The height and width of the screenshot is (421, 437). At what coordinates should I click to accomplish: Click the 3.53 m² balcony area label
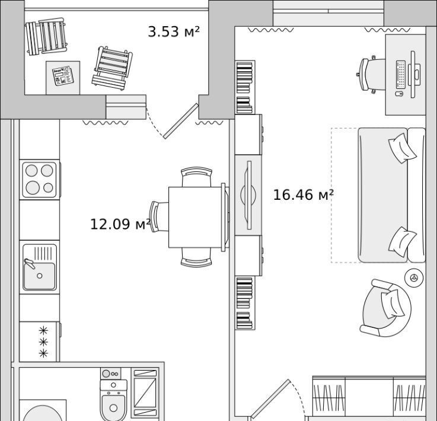[x=174, y=31]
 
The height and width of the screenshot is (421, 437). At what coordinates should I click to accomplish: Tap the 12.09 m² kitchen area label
[x=120, y=224]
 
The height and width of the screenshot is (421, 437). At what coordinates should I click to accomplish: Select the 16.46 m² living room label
[x=303, y=194]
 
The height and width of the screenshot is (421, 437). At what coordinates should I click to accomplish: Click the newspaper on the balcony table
[x=63, y=76]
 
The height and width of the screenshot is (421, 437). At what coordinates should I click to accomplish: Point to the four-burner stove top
[x=39, y=180]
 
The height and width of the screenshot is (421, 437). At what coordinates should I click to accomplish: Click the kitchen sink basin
[x=40, y=276]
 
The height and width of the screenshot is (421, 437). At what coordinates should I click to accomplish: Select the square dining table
[x=196, y=217]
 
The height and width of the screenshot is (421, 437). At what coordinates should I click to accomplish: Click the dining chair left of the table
[x=158, y=217]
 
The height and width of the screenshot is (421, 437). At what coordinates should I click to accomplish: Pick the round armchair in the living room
[x=385, y=308]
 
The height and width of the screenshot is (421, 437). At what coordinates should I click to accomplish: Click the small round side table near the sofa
[x=414, y=278]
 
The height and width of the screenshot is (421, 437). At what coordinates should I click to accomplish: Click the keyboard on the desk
[x=400, y=75]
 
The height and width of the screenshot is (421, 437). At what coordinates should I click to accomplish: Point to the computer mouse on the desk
[x=399, y=94]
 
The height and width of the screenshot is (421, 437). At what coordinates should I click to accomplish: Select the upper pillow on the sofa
[x=403, y=148]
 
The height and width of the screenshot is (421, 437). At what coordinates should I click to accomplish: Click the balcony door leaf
[x=181, y=121]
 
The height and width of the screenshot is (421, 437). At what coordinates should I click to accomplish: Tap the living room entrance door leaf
[x=270, y=399]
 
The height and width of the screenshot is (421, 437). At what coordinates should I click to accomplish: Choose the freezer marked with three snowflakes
[x=39, y=342]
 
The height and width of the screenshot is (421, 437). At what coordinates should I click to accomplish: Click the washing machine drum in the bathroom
[x=43, y=413]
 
